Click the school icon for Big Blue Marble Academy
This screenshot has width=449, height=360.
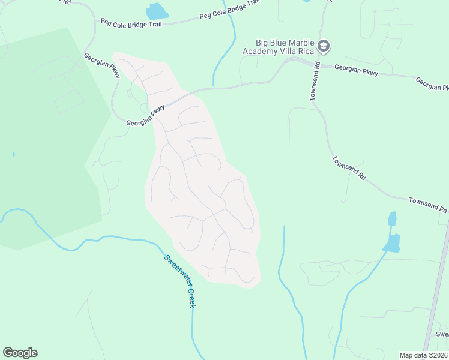[324, 46]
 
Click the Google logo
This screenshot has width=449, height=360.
[20, 353]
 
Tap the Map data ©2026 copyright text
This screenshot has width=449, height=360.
[423, 355]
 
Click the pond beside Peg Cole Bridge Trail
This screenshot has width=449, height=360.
[157, 11]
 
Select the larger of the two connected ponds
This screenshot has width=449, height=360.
[391, 242]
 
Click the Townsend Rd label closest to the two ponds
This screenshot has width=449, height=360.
[427, 204]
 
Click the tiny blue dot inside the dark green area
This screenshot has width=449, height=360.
[13, 154]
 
